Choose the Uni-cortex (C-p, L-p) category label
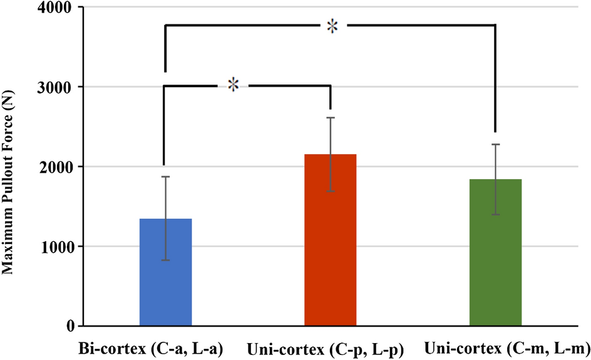324,348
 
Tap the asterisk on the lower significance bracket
233,85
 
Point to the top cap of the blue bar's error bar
165,177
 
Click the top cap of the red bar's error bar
330,118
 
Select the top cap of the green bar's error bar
495,145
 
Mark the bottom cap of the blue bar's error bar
165,260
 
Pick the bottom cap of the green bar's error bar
495,215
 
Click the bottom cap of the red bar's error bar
330,191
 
